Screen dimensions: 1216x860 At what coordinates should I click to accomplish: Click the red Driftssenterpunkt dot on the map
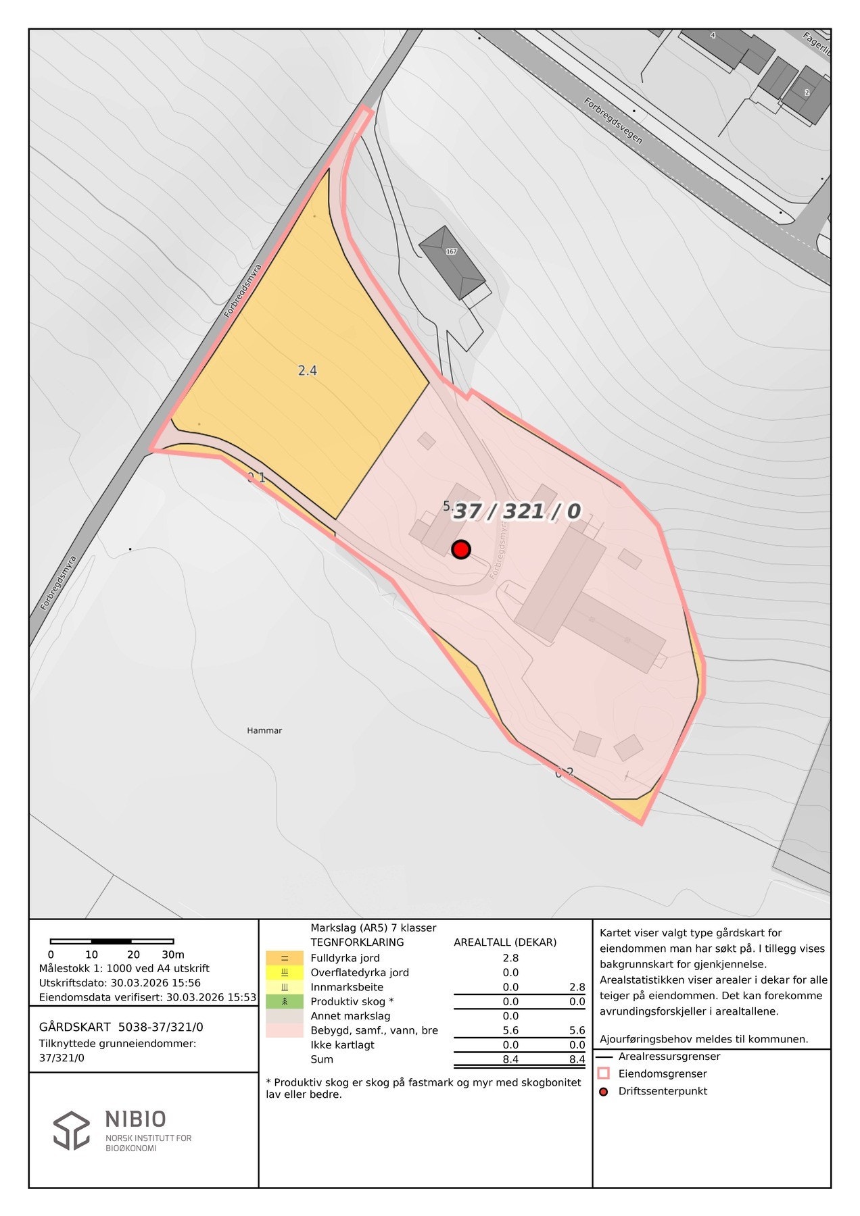click(x=460, y=549)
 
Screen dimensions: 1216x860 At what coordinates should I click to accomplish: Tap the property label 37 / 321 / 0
click(x=517, y=511)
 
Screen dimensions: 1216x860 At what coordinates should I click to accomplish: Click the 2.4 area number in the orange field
click(x=308, y=370)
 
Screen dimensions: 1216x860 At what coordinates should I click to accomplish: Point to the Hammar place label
click(x=264, y=730)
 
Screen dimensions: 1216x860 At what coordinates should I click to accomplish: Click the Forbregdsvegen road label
click(x=614, y=130)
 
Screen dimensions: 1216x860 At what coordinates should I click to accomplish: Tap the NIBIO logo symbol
click(x=72, y=1130)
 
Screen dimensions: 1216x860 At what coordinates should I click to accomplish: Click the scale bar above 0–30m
click(x=112, y=941)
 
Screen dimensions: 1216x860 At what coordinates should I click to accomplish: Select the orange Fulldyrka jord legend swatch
click(x=284, y=958)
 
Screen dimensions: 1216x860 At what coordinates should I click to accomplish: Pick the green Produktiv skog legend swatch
click(x=284, y=1001)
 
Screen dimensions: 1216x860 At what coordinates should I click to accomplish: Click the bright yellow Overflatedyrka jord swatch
click(x=284, y=973)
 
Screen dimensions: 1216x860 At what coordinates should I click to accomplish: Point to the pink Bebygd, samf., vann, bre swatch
click(x=284, y=1030)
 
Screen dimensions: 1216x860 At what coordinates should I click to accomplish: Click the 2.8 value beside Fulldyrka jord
click(x=510, y=958)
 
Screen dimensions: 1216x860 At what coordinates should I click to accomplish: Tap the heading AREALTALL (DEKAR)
click(x=505, y=942)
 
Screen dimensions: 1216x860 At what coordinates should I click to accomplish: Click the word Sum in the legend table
click(x=322, y=1059)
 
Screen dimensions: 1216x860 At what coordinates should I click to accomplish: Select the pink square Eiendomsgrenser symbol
click(x=604, y=1073)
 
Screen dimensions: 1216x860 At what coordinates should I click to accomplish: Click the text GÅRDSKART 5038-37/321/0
click(x=121, y=1028)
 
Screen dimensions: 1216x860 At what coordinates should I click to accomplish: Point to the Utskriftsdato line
click(x=120, y=983)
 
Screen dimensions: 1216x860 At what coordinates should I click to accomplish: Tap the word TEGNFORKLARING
click(x=357, y=942)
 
